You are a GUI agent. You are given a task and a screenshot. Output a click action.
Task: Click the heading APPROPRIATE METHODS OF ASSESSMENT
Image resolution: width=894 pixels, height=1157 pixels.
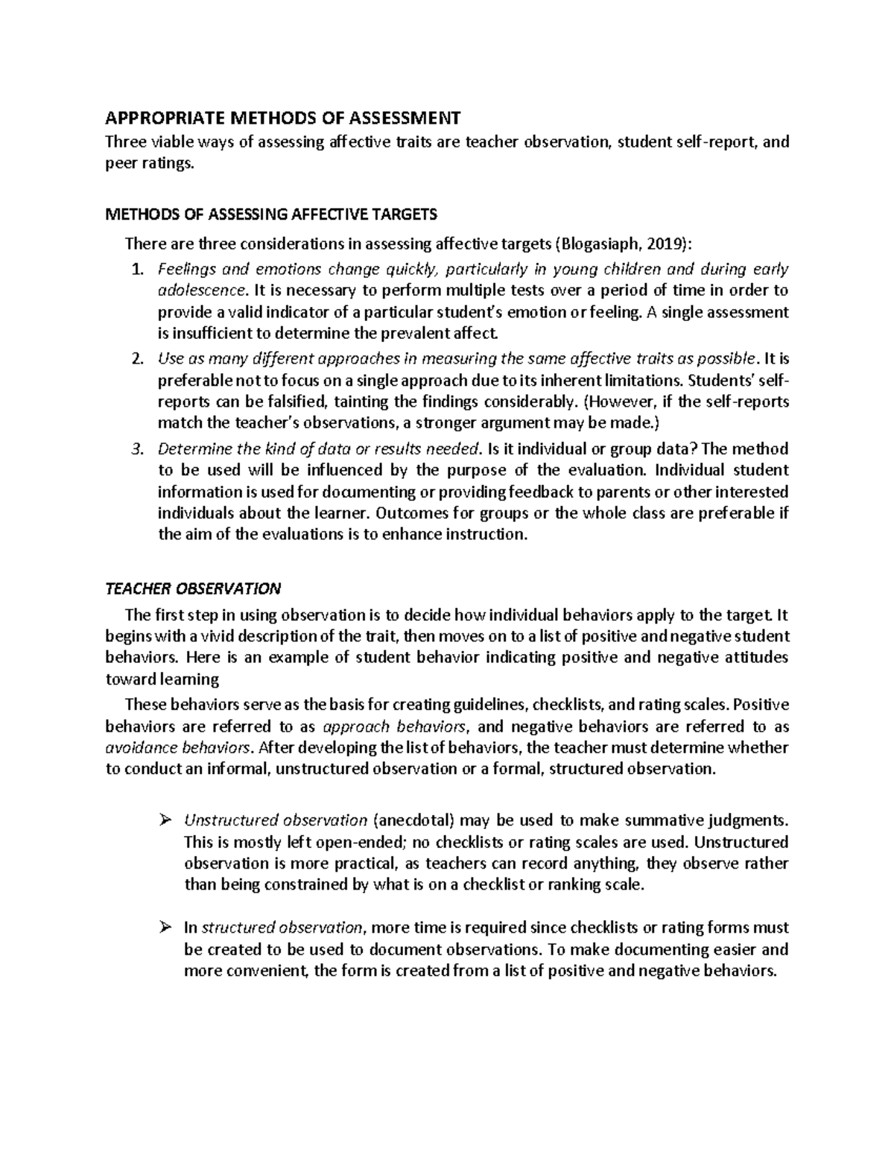[x=283, y=118]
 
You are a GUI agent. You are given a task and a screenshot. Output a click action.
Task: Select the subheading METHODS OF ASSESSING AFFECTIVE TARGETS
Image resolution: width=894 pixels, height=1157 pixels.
[x=271, y=215]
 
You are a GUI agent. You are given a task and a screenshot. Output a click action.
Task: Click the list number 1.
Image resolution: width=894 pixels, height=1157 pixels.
[x=136, y=269]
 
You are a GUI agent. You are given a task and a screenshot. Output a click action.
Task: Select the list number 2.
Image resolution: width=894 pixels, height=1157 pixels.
[x=136, y=359]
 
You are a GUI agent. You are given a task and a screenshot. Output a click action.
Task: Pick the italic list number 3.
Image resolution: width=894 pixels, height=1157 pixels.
[x=136, y=449]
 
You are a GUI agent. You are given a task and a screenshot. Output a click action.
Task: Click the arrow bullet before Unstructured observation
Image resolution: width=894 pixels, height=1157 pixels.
[x=165, y=820]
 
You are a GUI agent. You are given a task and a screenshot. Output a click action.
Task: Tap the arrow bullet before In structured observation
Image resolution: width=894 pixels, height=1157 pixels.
[x=165, y=928]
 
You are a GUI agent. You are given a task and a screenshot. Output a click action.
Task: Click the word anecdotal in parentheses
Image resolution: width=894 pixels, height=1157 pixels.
[x=413, y=821]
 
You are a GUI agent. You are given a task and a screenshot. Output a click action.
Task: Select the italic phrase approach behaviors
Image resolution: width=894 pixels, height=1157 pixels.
[x=397, y=726]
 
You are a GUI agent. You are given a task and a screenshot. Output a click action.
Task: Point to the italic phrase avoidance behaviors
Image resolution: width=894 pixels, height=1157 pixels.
[x=177, y=747]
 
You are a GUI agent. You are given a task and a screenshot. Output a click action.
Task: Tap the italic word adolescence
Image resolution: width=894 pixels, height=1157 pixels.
[x=201, y=290]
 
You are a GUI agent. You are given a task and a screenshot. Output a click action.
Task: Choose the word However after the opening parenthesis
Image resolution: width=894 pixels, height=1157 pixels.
[x=623, y=402]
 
